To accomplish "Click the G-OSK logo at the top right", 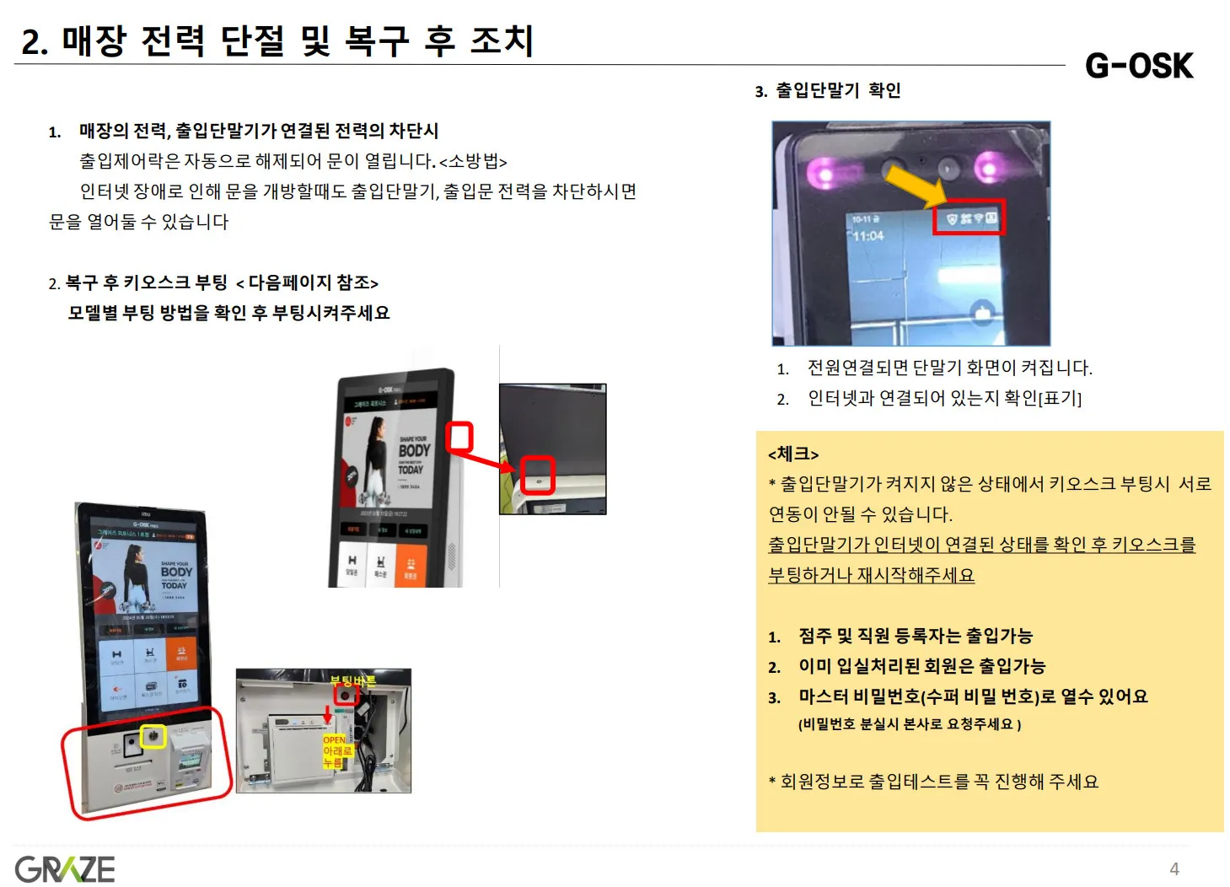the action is pyautogui.click(x=1139, y=66).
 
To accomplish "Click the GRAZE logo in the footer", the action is pyautogui.click(x=65, y=869).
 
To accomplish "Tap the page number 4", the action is pyautogui.click(x=1174, y=869).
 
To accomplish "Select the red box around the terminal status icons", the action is pyautogui.click(x=969, y=218).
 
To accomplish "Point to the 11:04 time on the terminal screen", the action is pyautogui.click(x=867, y=236).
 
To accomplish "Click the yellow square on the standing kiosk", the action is pyautogui.click(x=153, y=736).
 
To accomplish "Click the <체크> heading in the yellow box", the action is pyautogui.click(x=793, y=454).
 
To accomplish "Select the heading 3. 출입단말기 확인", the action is pyautogui.click(x=828, y=90).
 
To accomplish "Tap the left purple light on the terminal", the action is pyautogui.click(x=819, y=174).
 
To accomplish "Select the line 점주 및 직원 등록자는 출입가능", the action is pyautogui.click(x=916, y=636).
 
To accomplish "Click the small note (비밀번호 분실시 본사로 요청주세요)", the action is pyautogui.click(x=910, y=724).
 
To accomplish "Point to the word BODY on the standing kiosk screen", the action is pyautogui.click(x=176, y=572).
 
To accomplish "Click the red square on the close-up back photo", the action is pyautogui.click(x=537, y=475).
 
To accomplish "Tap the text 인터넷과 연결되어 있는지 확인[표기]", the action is pyautogui.click(x=944, y=398).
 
